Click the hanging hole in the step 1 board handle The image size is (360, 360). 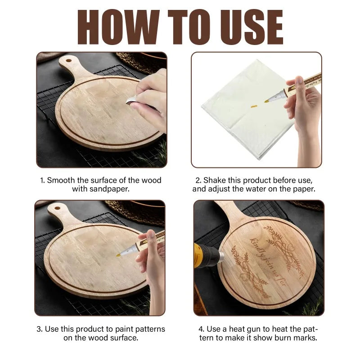click(x=68, y=59)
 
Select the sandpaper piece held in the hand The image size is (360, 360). click(x=131, y=101)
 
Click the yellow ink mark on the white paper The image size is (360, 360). click(x=253, y=106)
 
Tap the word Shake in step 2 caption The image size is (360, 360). click(x=218, y=180)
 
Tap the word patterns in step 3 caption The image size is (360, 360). click(x=143, y=329)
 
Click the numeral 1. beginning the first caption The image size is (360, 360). click(x=43, y=180)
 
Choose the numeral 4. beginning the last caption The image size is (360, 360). click(x=201, y=329)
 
